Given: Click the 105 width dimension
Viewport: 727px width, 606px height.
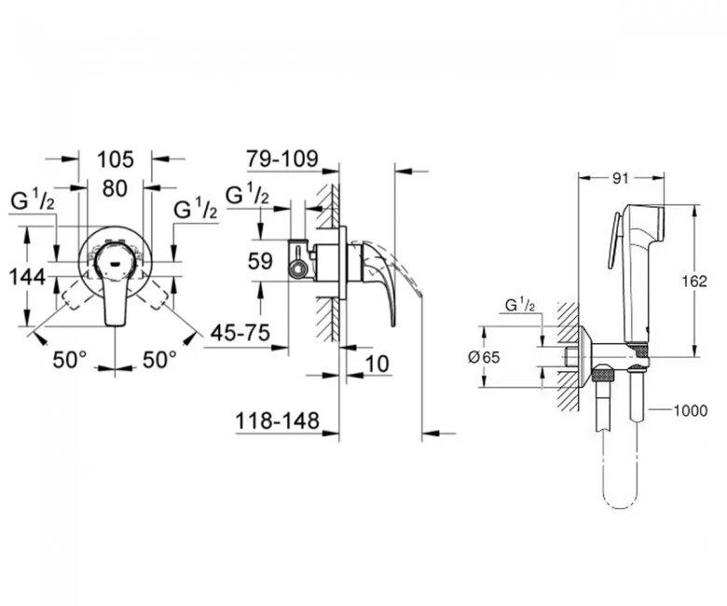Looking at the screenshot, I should pyautogui.click(x=115, y=158).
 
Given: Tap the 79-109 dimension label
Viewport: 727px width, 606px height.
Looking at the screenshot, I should pyautogui.click(x=281, y=158).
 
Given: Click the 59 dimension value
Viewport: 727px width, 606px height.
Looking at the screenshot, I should pyautogui.click(x=261, y=262).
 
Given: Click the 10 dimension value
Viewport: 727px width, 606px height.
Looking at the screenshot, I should pyautogui.click(x=377, y=364).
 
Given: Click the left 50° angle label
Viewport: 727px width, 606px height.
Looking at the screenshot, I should pyautogui.click(x=69, y=359).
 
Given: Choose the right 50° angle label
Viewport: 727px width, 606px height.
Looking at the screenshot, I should pyautogui.click(x=159, y=359).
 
